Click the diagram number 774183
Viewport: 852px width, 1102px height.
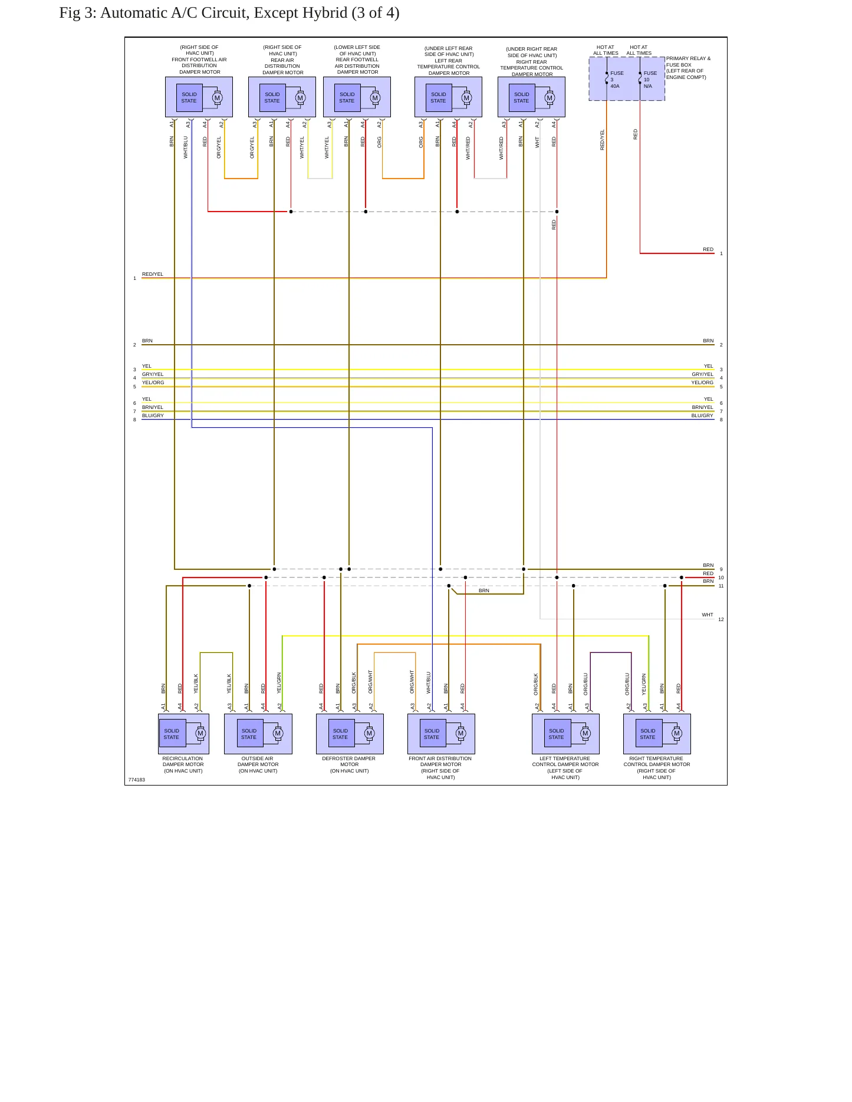point(136,780)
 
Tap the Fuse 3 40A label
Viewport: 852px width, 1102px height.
point(617,80)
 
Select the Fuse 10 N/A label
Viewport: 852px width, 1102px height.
point(650,80)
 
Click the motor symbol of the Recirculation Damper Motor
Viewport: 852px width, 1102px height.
point(200,734)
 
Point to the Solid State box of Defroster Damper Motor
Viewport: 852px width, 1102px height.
point(341,734)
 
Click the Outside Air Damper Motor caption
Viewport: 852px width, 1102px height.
point(258,764)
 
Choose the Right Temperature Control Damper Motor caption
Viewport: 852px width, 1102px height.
point(656,768)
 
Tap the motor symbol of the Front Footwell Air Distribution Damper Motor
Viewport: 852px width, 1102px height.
point(217,98)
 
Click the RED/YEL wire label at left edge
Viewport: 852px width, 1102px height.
point(153,274)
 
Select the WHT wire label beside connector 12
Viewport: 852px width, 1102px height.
point(708,615)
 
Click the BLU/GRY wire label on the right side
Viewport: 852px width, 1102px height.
point(702,415)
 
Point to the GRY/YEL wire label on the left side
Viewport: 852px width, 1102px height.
point(153,374)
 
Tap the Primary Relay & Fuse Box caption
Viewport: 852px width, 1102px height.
point(688,68)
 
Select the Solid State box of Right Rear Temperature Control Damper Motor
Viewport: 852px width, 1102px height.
point(522,98)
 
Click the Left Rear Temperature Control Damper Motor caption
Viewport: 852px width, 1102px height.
point(449,61)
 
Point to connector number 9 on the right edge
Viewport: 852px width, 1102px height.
point(721,569)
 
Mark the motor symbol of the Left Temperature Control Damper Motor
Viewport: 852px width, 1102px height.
point(585,734)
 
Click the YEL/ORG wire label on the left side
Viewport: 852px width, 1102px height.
point(153,382)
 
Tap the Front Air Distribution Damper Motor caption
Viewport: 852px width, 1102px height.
point(440,768)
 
